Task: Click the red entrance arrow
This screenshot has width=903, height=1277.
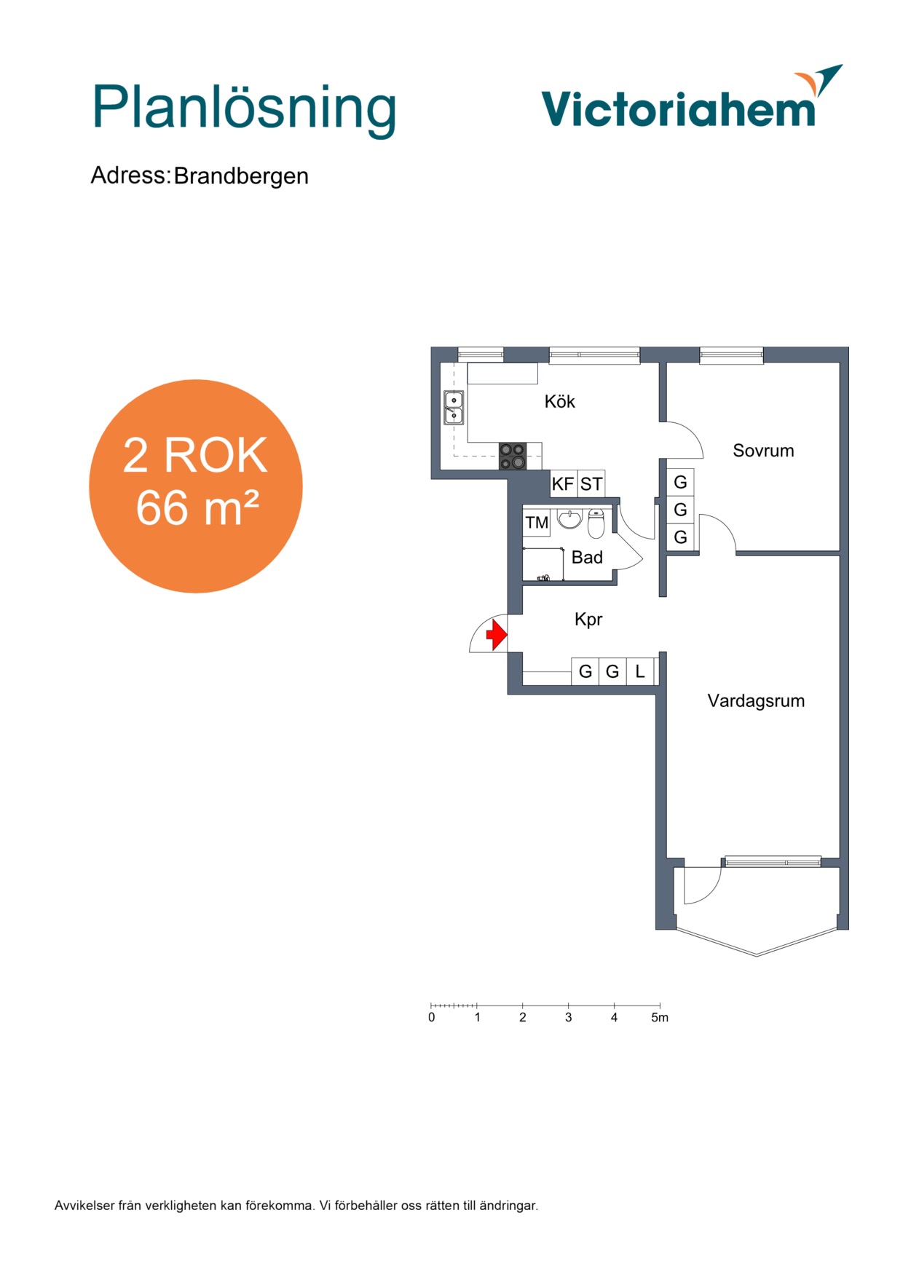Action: pos(497,634)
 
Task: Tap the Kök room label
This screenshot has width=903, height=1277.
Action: pos(559,401)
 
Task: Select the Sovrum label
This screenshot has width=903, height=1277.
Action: pos(763,451)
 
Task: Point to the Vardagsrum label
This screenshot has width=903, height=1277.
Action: pos(756,701)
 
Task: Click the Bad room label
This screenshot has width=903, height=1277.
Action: pos(587,558)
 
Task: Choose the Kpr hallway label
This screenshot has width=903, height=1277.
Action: pos(588,620)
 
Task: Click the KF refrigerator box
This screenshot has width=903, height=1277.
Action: pos(564,484)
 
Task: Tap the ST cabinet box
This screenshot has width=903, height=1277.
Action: pos(591,484)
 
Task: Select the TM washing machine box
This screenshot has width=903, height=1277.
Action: pos(537,523)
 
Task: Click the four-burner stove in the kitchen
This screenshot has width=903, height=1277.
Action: pos(512,456)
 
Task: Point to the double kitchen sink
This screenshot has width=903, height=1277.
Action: pos(454,408)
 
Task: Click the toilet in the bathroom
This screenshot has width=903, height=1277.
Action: pos(596,523)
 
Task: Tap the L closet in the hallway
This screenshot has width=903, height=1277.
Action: pos(640,671)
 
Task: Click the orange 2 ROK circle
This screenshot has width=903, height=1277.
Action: pos(196,486)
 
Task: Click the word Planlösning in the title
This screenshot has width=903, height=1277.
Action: pos(244,108)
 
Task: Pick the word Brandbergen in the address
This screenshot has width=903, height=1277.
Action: pos(241,176)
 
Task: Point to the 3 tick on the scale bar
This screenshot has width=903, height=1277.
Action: pos(569,1006)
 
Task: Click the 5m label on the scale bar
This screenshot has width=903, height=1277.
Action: pos(659,1018)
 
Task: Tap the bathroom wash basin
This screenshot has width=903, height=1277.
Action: pos(569,519)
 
